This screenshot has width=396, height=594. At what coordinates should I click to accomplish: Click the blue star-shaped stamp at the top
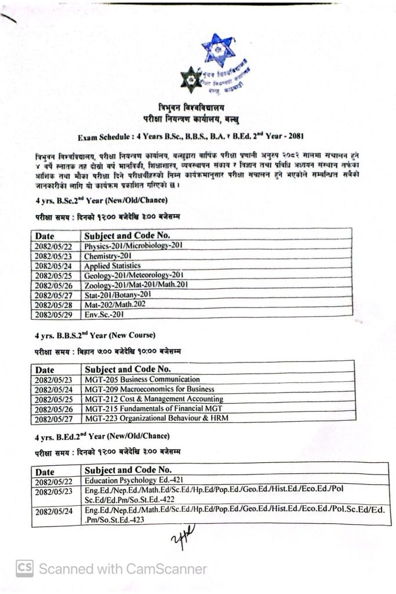[x=219, y=50]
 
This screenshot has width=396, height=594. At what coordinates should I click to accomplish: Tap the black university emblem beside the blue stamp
[x=191, y=81]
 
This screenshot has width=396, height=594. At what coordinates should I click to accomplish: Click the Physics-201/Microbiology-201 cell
[x=133, y=245]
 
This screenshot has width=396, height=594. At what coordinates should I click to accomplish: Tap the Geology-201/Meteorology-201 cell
[x=134, y=275]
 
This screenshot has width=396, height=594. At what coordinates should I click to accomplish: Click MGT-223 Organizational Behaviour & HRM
[x=156, y=418]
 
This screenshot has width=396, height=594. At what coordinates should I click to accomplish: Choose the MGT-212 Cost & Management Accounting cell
[x=154, y=399]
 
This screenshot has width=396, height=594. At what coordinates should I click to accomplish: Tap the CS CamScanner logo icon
[x=24, y=568]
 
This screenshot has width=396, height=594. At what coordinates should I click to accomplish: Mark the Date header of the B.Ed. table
[x=46, y=471]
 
